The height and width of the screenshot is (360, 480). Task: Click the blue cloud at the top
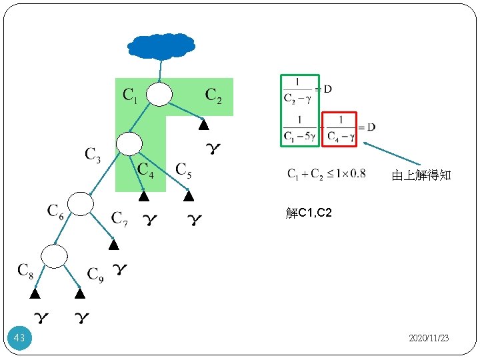point(162,45)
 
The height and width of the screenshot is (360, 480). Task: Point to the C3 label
point(93,155)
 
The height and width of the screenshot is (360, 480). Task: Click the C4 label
point(145,171)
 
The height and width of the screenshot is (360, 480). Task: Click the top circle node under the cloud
point(159,94)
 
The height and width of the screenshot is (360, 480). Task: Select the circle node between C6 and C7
point(81,203)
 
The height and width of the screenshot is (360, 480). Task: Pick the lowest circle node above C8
point(54,255)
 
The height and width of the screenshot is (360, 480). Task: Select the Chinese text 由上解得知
point(421,175)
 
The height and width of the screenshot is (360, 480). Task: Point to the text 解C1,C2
point(308,213)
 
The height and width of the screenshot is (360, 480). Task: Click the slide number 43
point(19,339)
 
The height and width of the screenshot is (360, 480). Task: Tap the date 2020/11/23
point(429,339)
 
